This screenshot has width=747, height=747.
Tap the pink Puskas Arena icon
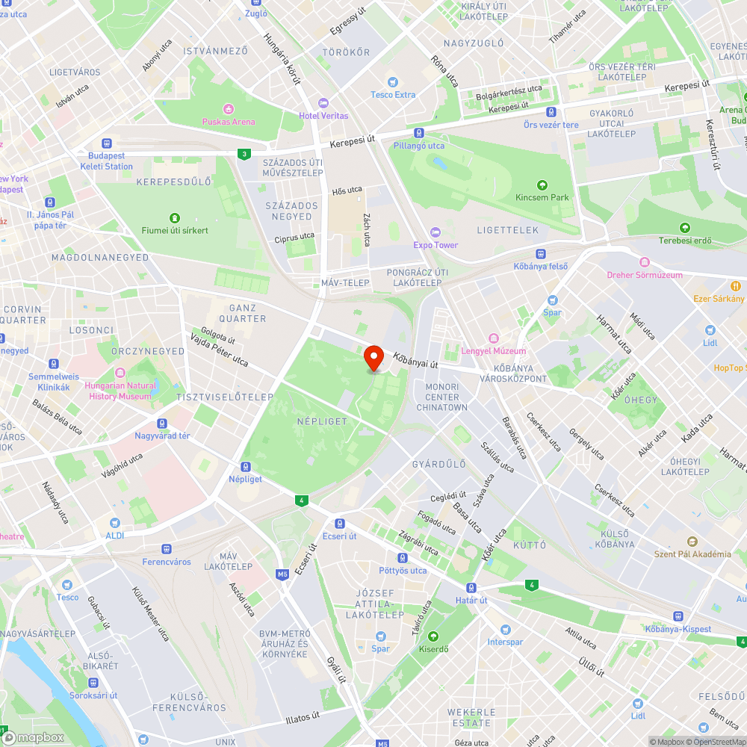[x=229, y=109]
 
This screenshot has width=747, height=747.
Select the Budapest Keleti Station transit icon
[x=107, y=143]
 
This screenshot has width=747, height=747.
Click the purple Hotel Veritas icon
[x=323, y=103]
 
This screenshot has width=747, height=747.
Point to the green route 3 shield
[x=244, y=154]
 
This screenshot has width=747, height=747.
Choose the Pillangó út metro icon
[x=419, y=133]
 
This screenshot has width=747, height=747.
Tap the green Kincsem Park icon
[x=542, y=185]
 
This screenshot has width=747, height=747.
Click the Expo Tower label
[x=436, y=244]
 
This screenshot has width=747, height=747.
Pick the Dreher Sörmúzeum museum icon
[x=645, y=262]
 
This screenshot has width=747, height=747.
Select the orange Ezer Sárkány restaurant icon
[x=736, y=285]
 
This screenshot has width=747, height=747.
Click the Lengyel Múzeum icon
[x=492, y=338]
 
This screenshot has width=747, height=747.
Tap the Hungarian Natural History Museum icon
[x=120, y=373]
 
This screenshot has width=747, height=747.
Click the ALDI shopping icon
[x=114, y=523]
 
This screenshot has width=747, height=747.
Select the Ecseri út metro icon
[x=340, y=524]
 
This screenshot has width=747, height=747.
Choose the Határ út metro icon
[x=471, y=588]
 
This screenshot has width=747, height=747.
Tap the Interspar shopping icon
[x=505, y=630]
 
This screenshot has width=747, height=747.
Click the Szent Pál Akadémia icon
[x=692, y=542]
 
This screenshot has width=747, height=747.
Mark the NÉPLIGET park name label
[x=322, y=421]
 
